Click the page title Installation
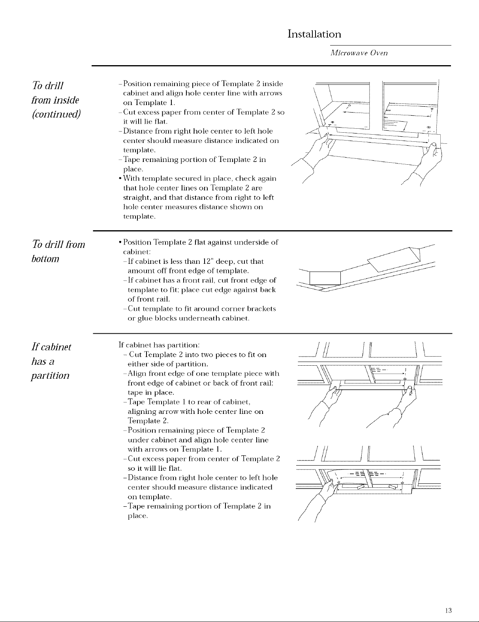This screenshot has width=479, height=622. pyautogui.click(x=314, y=34)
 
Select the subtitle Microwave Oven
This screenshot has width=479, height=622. pyautogui.click(x=359, y=53)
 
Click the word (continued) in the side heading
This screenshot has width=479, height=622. pyautogui.click(x=56, y=114)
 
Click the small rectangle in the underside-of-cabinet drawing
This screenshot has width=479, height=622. pyautogui.click(x=325, y=278)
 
